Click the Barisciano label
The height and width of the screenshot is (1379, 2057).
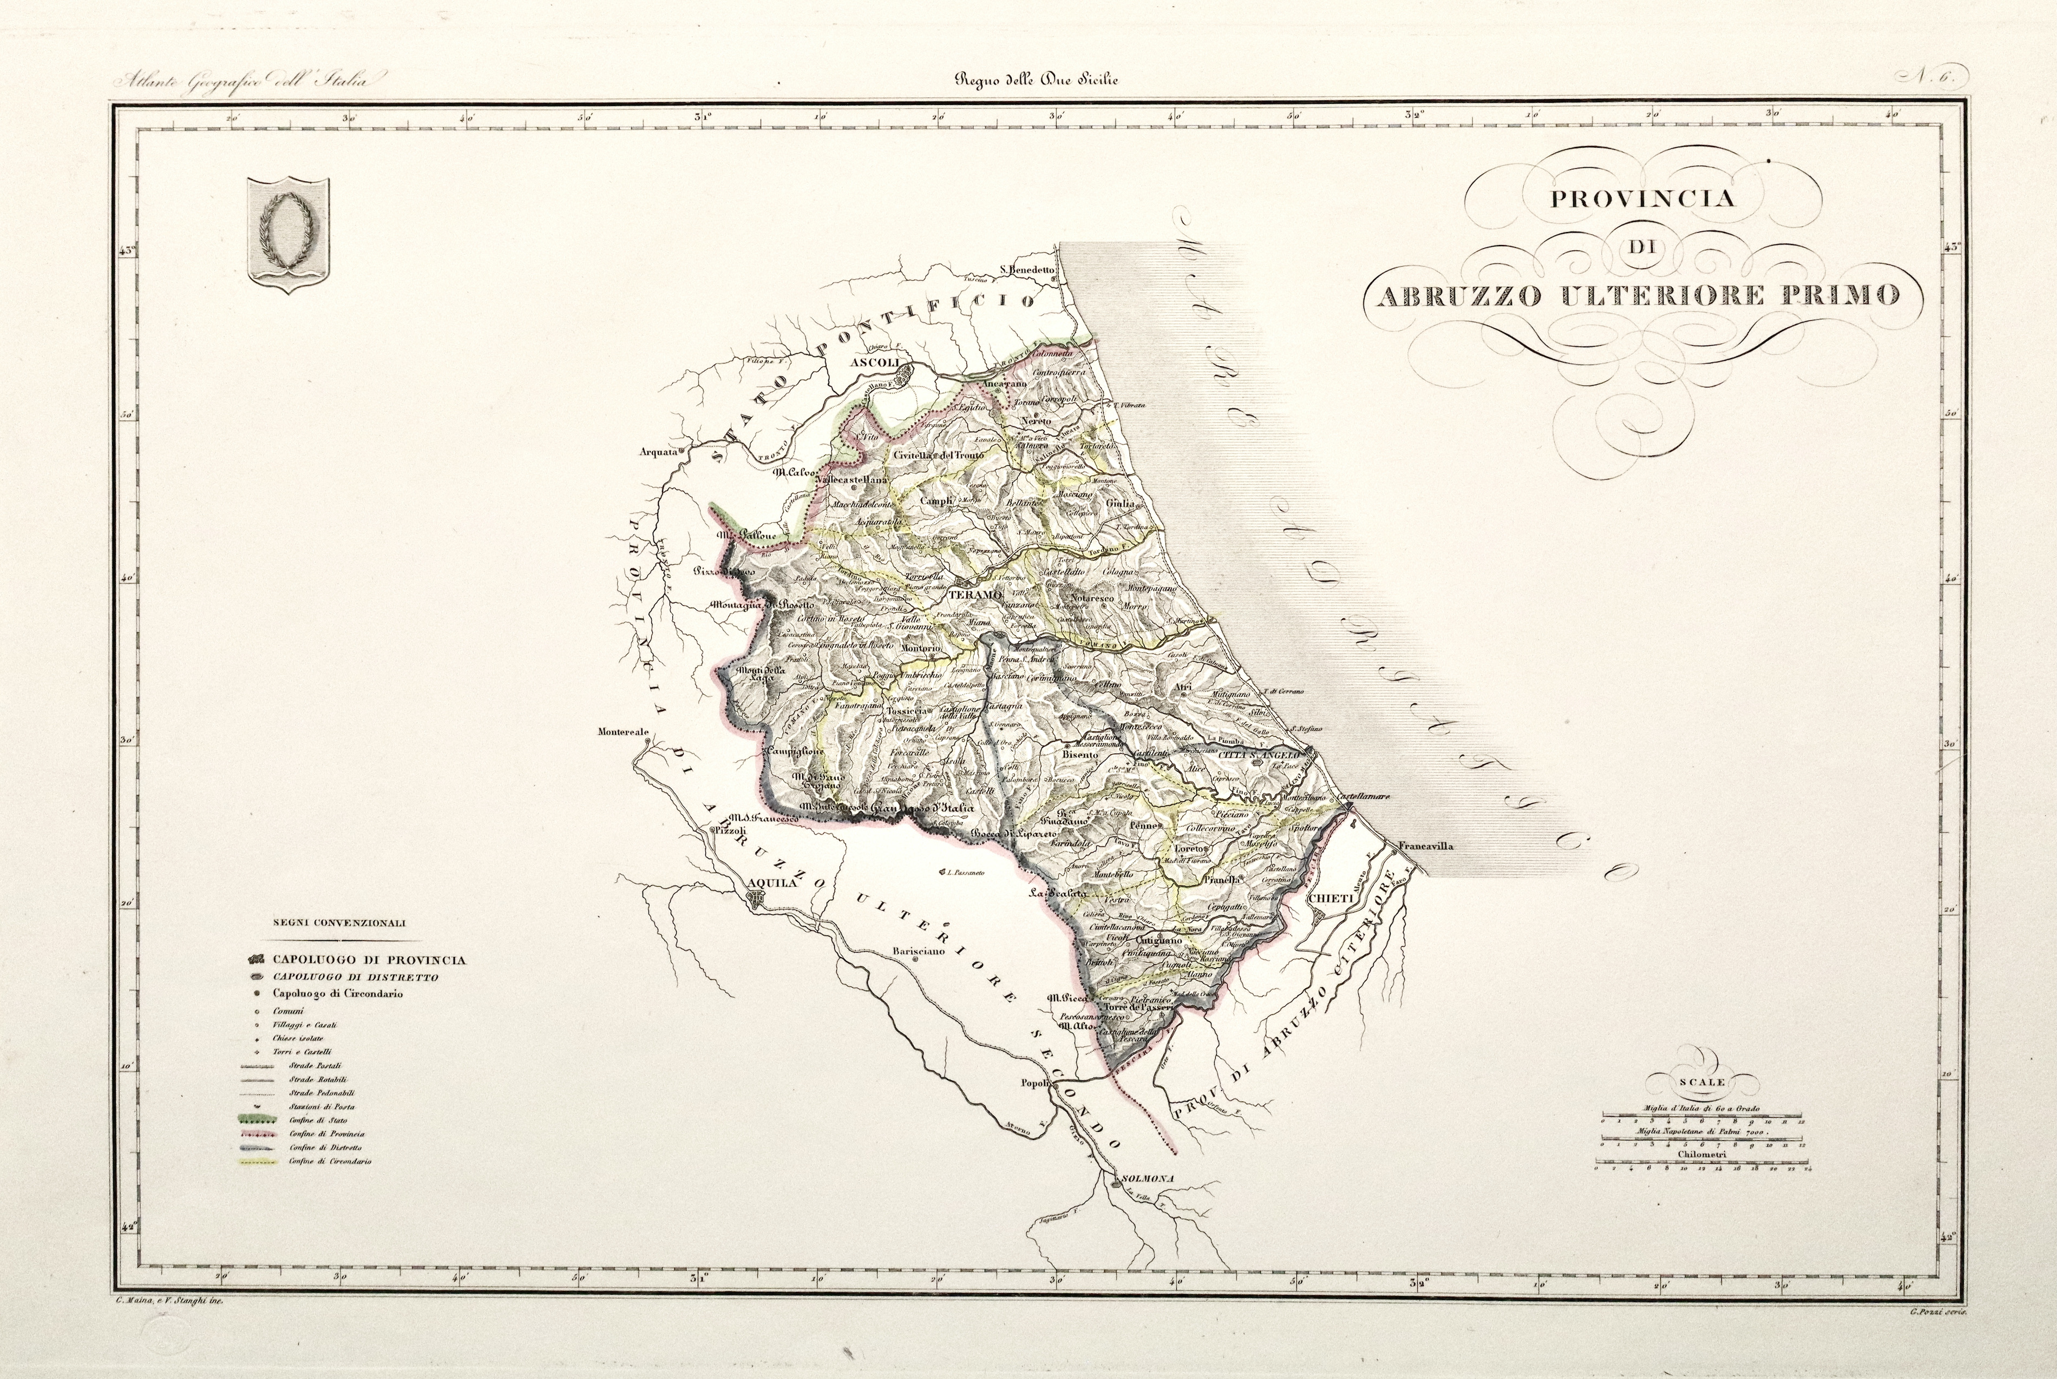point(915,950)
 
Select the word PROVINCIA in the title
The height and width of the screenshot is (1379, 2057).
point(1642,198)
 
